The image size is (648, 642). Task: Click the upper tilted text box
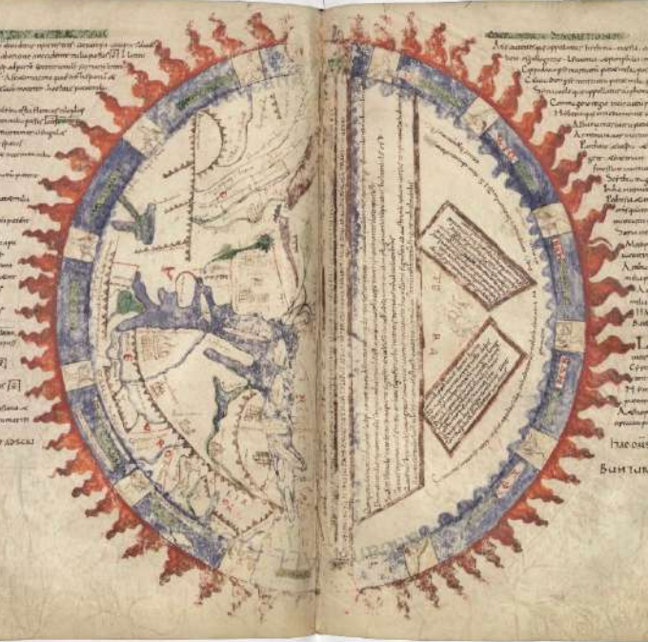(x=476, y=255)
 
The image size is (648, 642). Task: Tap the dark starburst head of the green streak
(x=260, y=244)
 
